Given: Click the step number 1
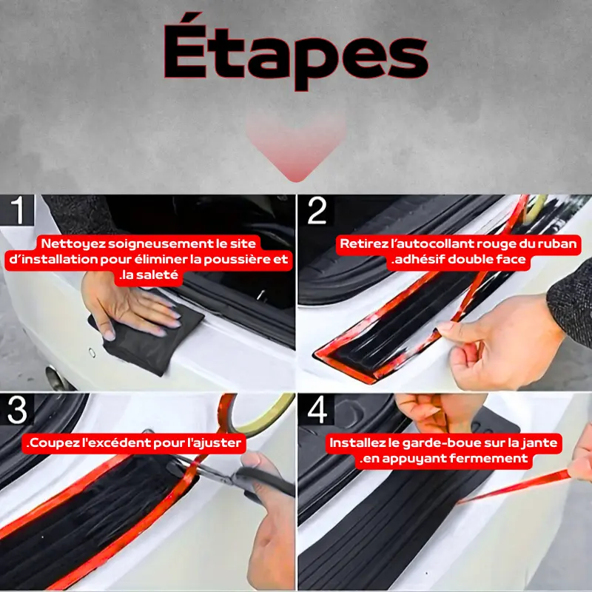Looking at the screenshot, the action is click(18, 210).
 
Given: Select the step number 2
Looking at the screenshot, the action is click(317, 210).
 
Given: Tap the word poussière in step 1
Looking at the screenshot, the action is click(239, 260).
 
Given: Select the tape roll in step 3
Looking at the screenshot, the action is click(257, 414).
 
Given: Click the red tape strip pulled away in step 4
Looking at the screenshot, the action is click(514, 487).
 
